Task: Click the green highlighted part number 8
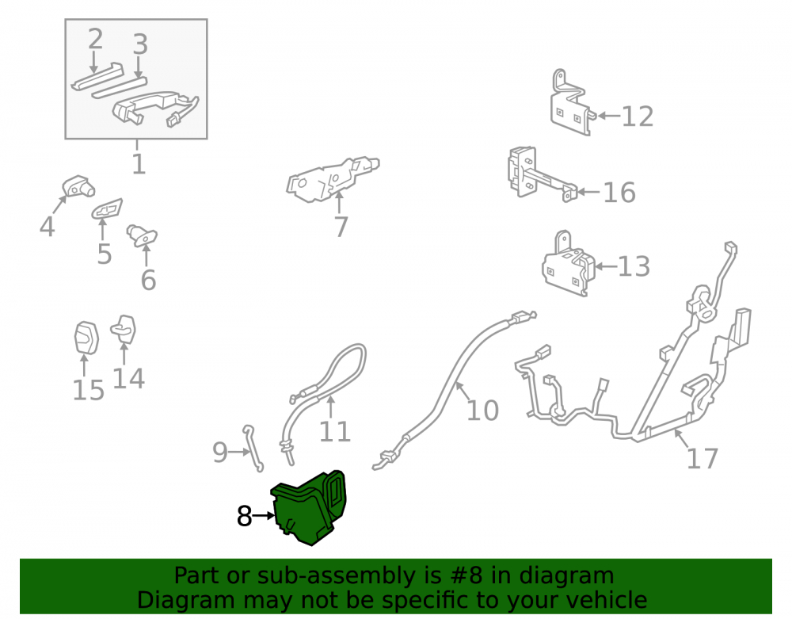[309, 508]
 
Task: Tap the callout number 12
[637, 117]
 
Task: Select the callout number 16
[619, 193]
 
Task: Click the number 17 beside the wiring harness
[702, 459]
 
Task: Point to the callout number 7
[341, 227]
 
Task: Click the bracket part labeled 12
[571, 103]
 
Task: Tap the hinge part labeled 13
[568, 264]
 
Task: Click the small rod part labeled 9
[254, 449]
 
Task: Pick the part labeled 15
[86, 338]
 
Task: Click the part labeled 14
[124, 330]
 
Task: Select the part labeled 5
[107, 208]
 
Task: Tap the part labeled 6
[142, 235]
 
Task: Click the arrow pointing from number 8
[264, 516]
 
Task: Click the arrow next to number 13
[606, 266]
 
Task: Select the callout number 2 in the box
[96, 39]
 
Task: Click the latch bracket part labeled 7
[333, 179]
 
